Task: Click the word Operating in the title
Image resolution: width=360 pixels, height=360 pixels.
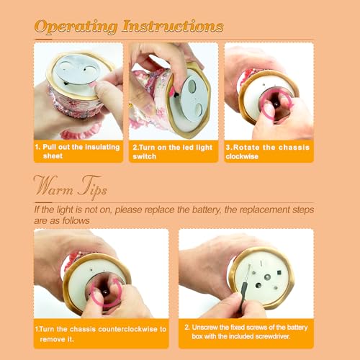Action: coord(76,27)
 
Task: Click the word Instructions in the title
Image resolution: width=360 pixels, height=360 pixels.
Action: coord(173,26)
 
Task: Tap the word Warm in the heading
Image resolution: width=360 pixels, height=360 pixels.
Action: coord(53,186)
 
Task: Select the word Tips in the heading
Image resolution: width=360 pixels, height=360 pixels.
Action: coord(92,187)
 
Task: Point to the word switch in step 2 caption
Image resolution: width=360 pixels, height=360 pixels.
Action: coord(145,156)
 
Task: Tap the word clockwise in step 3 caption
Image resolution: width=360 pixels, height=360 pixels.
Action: coord(242,156)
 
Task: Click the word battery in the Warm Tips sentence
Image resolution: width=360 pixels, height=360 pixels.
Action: coord(206,210)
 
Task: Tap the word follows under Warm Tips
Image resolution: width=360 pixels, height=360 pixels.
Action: coord(76,220)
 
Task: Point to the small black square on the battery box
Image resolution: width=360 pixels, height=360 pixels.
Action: coord(279,272)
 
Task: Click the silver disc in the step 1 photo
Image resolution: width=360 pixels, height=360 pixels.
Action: coord(76,69)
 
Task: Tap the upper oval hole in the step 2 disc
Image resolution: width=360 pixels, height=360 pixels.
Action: coord(192,86)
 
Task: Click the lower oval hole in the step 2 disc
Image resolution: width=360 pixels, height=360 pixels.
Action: coord(199,109)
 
